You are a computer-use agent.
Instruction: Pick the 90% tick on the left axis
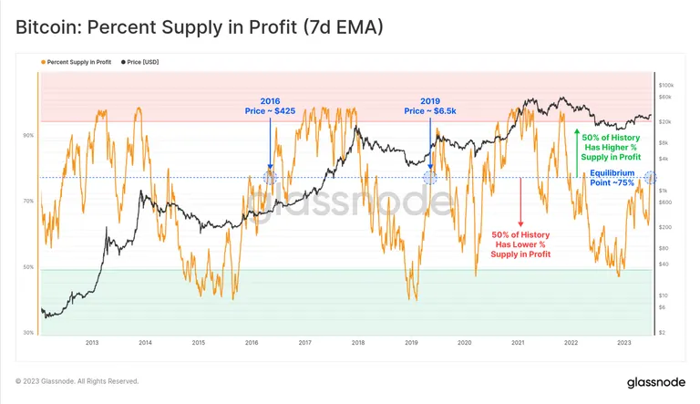[x=29, y=135]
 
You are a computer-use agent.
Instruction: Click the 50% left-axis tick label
[x=29, y=267]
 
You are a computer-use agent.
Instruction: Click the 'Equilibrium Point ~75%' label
[x=611, y=177]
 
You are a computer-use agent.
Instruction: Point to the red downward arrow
[x=520, y=202]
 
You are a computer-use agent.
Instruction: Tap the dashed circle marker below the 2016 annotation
[x=269, y=177]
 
